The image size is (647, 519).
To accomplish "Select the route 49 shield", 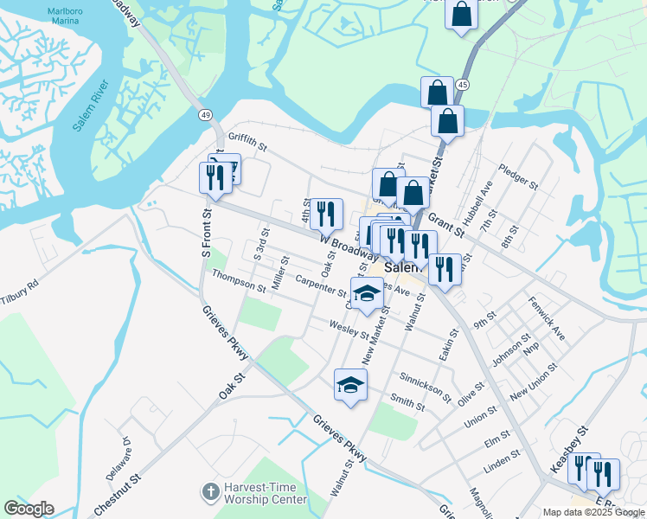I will tap(205, 115).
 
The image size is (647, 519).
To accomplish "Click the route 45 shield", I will tap(464, 85).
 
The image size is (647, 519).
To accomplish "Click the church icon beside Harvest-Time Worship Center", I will tap(209, 493).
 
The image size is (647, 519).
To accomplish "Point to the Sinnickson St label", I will tap(425, 386).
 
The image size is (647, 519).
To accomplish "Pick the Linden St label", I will tap(501, 462).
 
